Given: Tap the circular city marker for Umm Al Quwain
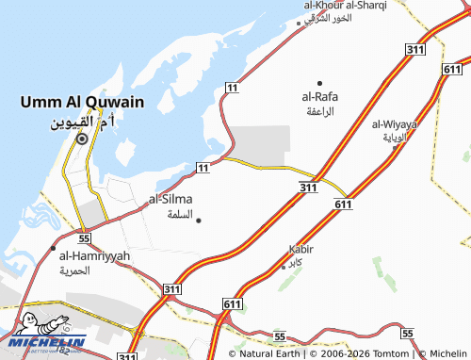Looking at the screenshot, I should [82, 139].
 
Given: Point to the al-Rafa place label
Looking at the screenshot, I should [319, 97].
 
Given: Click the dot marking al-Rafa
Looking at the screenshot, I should [319, 83].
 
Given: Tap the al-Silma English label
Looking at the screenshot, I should [171, 200].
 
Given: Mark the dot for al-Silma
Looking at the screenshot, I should [198, 221].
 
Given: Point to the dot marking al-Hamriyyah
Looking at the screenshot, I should [53, 247].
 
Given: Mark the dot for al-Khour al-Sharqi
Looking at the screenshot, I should [299, 24].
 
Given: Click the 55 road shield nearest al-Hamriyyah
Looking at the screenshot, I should [84, 228].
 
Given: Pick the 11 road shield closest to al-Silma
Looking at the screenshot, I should [203, 167].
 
